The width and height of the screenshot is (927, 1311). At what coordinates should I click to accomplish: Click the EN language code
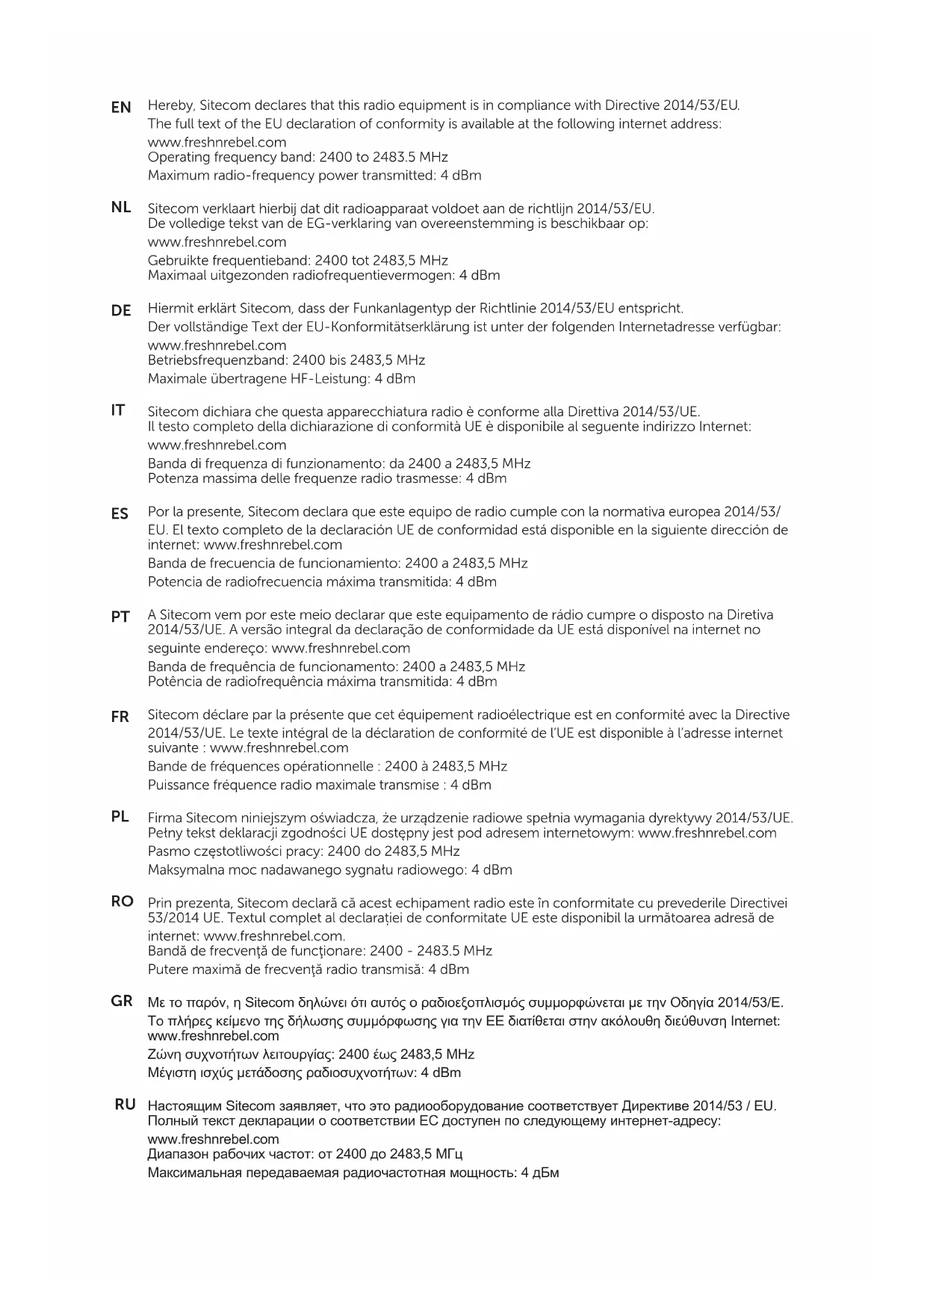click(x=121, y=108)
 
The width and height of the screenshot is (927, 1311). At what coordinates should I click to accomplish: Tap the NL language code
click(x=121, y=207)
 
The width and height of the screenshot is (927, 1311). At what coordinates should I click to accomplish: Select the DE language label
click(x=121, y=310)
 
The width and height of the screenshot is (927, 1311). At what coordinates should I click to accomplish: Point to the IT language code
click(x=118, y=410)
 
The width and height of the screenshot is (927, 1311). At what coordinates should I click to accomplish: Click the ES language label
click(x=120, y=513)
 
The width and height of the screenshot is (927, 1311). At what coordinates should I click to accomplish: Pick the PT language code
click(x=120, y=617)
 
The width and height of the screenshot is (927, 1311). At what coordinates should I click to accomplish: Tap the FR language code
click(x=120, y=717)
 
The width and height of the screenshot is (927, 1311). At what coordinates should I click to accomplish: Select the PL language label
click(x=120, y=816)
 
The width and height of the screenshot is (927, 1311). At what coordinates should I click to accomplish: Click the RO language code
click(x=123, y=901)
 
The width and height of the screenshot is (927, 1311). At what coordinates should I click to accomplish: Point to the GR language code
click(x=122, y=1001)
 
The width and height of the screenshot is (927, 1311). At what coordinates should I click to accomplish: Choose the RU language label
click(x=125, y=1104)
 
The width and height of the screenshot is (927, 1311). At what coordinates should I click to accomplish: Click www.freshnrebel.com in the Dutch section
click(x=217, y=242)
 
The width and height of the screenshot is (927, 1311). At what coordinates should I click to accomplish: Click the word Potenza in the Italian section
click(x=171, y=478)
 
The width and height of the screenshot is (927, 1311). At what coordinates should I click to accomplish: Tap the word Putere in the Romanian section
click(x=167, y=969)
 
